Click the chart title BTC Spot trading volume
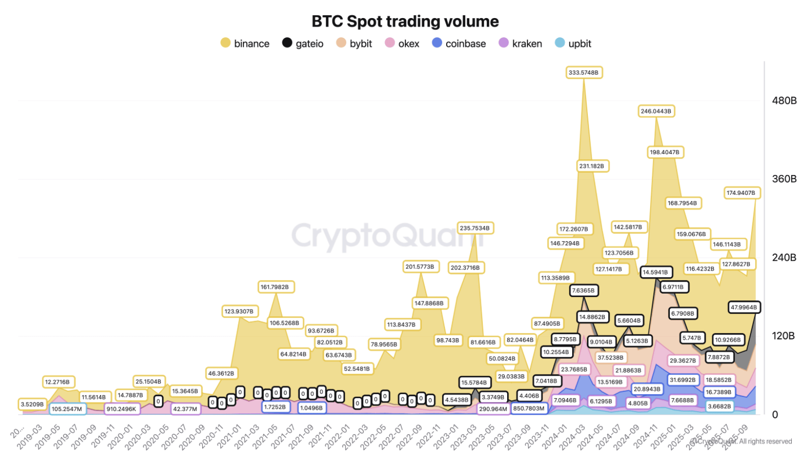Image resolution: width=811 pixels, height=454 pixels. (x=405, y=21)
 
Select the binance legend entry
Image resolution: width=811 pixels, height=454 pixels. (x=245, y=43)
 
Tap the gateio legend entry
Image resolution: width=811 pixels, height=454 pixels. (x=303, y=43)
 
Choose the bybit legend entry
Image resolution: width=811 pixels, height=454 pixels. (x=354, y=43)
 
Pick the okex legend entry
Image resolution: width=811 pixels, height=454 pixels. (x=402, y=43)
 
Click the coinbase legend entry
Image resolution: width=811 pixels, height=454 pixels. (x=459, y=43)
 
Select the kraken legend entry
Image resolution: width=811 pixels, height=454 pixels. (x=520, y=43)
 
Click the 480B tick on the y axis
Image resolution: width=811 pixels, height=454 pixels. (x=784, y=101)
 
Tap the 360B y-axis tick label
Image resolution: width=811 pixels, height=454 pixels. (x=784, y=179)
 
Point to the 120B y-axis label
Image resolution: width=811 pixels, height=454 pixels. (x=784, y=336)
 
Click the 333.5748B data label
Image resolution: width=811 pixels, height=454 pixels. (x=585, y=72)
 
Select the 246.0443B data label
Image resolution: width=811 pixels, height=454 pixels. (x=656, y=111)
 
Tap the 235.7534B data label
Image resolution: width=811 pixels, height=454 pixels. (x=475, y=228)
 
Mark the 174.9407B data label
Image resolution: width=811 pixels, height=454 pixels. (x=742, y=193)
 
